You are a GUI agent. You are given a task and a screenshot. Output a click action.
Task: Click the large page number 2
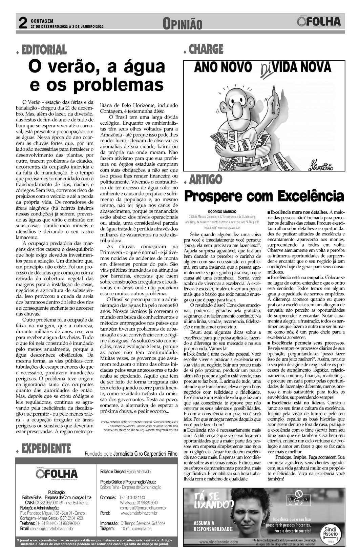click(x=23, y=23)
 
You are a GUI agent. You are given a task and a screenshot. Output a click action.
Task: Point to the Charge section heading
click(x=206, y=49)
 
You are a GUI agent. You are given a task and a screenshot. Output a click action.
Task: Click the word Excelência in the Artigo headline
click(x=311, y=195)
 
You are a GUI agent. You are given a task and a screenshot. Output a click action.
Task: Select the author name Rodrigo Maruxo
click(x=224, y=211)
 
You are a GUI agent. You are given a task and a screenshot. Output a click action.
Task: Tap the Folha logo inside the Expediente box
click(x=57, y=474)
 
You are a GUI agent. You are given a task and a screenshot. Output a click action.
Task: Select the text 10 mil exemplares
click(x=136, y=528)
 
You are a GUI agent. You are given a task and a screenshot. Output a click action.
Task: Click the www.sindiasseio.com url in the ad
click(x=219, y=542)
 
